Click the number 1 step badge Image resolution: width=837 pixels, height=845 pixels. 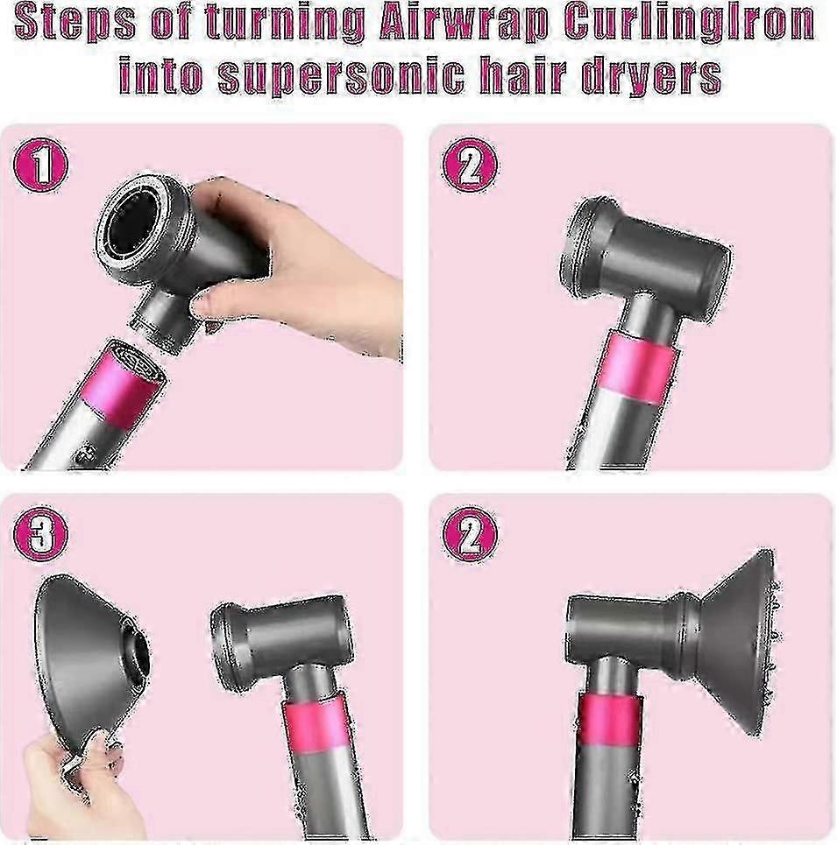(x=40, y=164)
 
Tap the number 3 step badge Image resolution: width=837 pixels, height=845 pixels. (x=40, y=533)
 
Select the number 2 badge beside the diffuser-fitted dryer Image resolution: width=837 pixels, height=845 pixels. (x=470, y=535)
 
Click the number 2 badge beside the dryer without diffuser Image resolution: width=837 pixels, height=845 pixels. (x=470, y=165)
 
